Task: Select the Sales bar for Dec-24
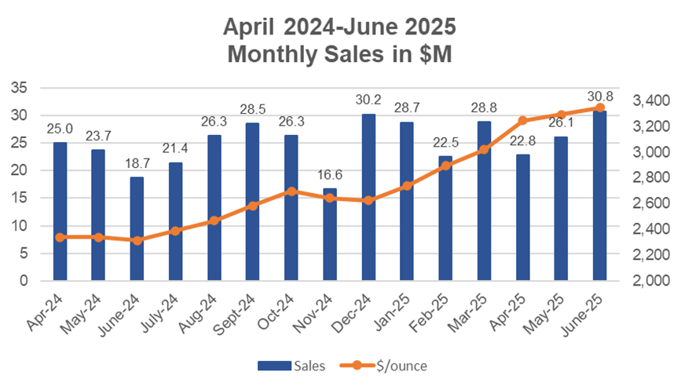coord(368,197)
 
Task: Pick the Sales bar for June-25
coord(600,195)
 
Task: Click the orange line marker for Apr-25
coord(522,121)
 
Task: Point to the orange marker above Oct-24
coord(291,191)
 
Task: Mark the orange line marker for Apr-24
coord(60,237)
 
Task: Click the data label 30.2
coord(368,100)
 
